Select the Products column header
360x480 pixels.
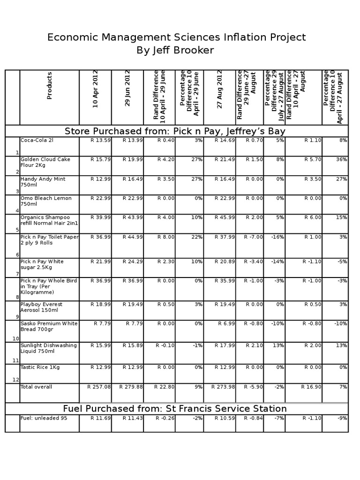point(49,86)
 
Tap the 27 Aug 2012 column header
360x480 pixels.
point(219,89)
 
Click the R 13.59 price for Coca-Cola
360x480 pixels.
point(101,140)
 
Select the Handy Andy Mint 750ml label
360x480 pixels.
point(43,182)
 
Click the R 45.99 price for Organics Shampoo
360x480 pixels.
point(225,217)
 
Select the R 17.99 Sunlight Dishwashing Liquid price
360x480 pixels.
point(225,345)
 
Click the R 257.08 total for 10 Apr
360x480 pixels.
point(99,387)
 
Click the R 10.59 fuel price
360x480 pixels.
point(225,418)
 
